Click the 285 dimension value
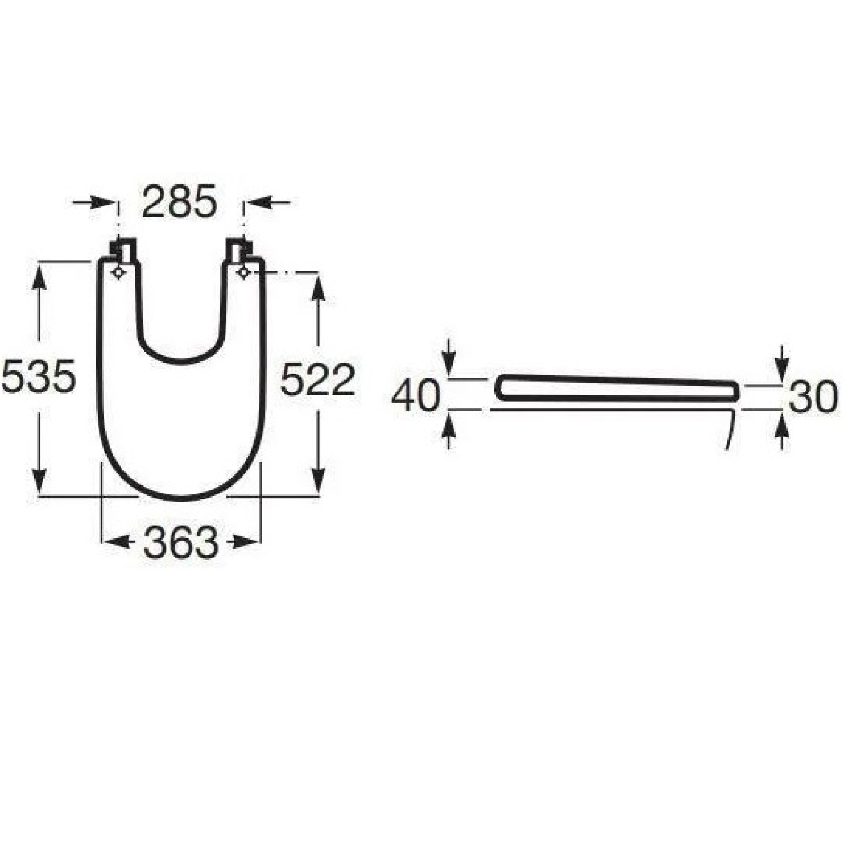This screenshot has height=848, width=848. click(x=180, y=201)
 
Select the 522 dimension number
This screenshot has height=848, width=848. click(x=317, y=379)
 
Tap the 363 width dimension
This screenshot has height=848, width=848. click(x=181, y=543)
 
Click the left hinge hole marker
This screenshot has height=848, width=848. click(x=118, y=272)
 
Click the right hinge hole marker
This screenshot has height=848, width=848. click(x=244, y=272)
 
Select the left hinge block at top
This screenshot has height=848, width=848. click(x=123, y=249)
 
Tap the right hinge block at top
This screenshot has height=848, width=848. click(x=240, y=249)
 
